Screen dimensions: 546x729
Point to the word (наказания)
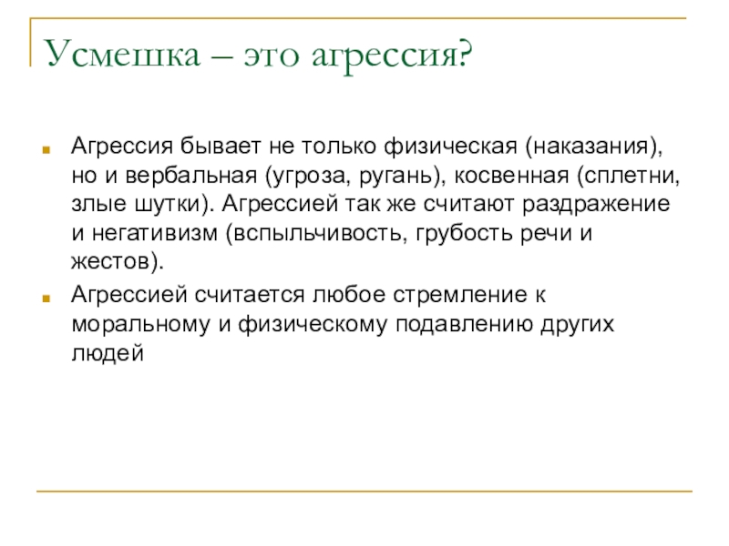pos(592,147)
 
